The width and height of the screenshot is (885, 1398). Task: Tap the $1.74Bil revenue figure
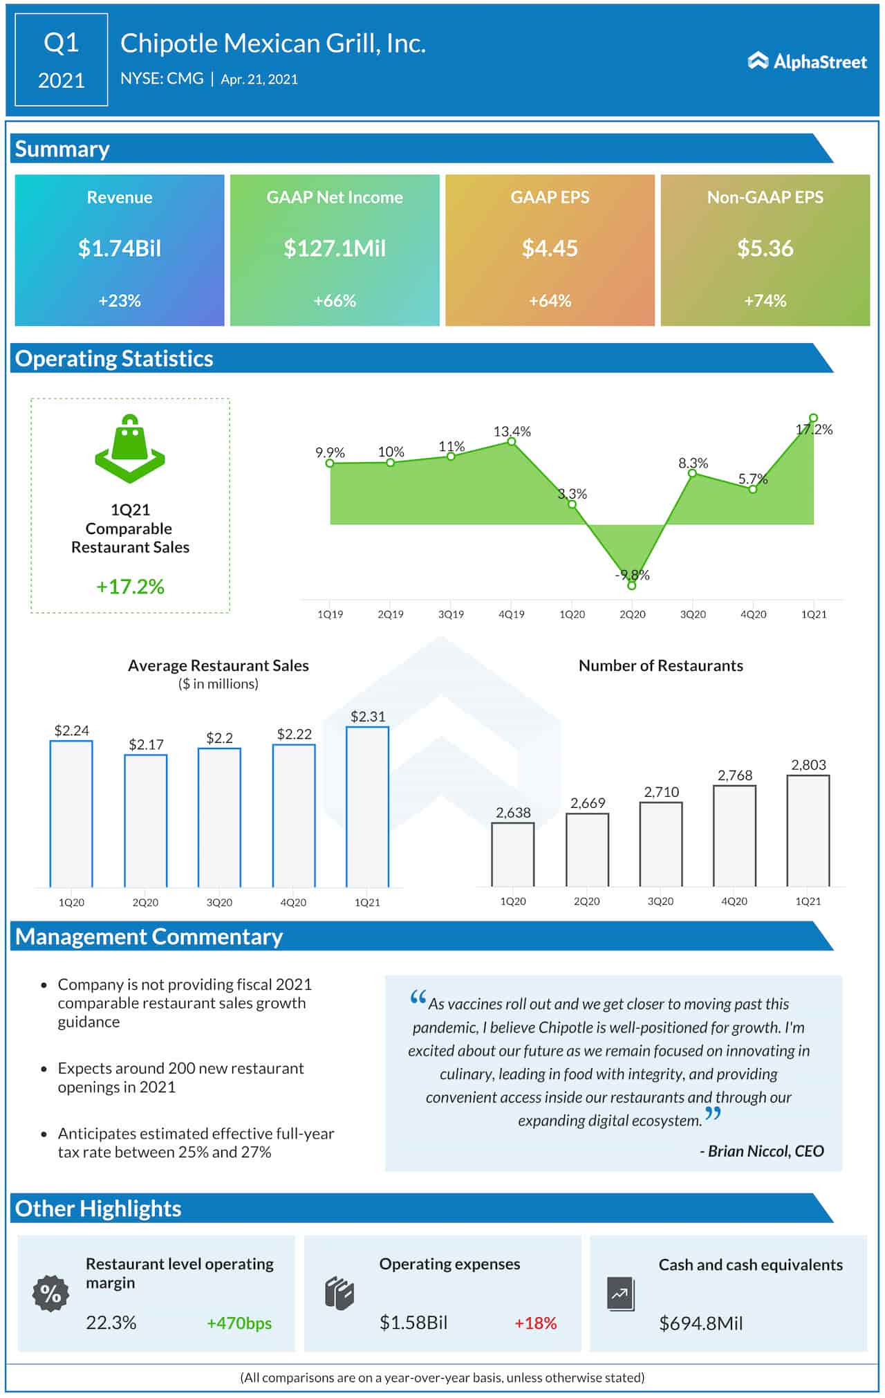(120, 248)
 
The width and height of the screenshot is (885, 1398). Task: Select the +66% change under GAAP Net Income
(335, 301)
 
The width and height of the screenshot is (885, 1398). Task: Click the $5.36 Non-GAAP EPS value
(765, 248)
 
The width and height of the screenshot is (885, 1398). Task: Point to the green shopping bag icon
(130, 448)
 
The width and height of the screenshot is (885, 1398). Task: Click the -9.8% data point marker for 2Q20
(631, 585)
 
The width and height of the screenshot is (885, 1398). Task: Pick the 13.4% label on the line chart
(512, 431)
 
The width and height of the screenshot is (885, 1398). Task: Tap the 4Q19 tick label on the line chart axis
(511, 614)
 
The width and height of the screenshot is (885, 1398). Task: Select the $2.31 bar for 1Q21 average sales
(367, 806)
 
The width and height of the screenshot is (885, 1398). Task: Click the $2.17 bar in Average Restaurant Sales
(145, 820)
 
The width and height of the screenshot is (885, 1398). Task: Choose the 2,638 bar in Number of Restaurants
(512, 854)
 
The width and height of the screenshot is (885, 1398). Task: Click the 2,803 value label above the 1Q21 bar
(808, 764)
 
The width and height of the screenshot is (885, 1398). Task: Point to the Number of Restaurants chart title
(660, 665)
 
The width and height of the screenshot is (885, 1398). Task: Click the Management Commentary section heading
(149, 937)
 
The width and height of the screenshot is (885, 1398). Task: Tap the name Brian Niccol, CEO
(765, 1151)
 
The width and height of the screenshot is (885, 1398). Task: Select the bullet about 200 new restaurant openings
(180, 1077)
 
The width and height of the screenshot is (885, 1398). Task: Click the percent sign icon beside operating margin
(51, 1293)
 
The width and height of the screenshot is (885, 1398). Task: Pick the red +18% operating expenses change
(535, 1323)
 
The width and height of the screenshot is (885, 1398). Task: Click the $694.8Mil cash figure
(700, 1323)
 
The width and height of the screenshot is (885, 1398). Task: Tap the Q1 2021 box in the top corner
(61, 61)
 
